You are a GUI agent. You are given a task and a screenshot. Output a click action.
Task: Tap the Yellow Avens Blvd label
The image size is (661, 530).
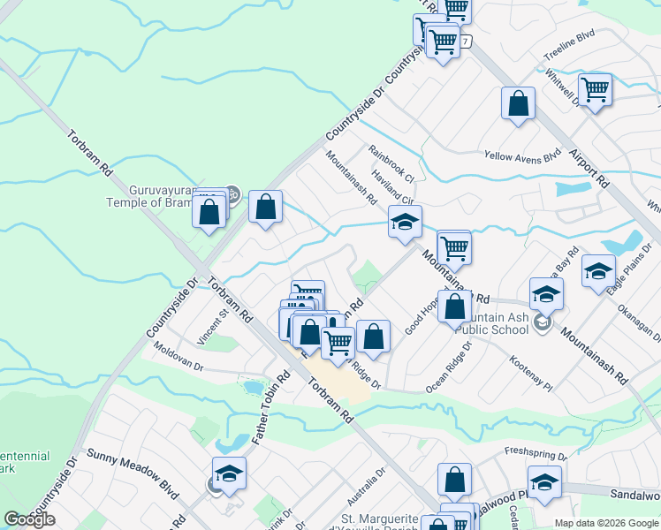pos(522,155)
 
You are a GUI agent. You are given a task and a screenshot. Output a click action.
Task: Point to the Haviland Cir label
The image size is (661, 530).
pos(394,187)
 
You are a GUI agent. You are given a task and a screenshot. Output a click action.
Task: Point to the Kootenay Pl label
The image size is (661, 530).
pos(531,375)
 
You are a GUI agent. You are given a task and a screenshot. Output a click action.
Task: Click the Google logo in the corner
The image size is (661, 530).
pos(29,519)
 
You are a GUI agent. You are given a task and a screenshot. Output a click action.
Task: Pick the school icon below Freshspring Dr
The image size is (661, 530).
pos(544,482)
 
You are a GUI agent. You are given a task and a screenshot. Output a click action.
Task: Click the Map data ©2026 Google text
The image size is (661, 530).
pos(606,523)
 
